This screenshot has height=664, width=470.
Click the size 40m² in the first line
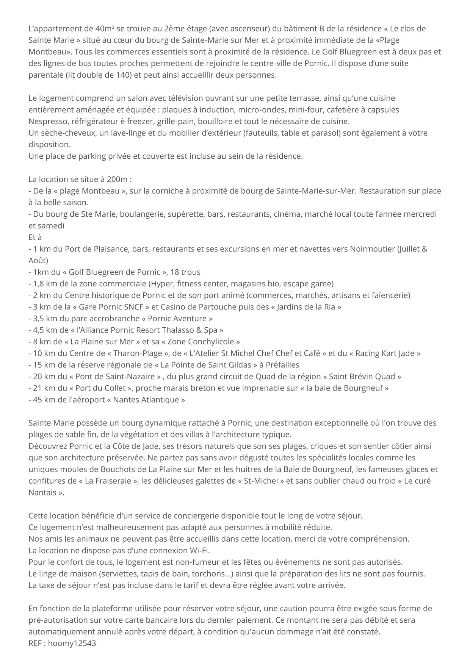tap(100, 28)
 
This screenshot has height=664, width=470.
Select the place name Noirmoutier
tap(373, 249)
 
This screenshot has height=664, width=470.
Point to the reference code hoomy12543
tap(72, 643)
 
